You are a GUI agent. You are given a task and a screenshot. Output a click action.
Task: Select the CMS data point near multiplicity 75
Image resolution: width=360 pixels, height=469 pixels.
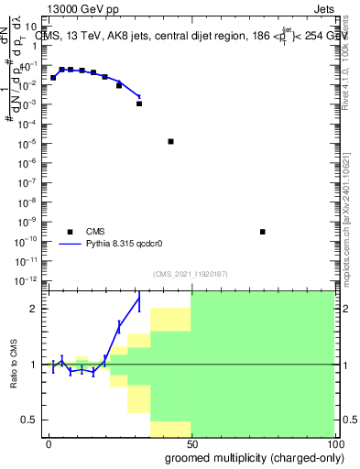[x=262, y=232]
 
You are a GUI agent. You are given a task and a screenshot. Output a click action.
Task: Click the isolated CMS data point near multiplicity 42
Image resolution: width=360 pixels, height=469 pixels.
[x=170, y=141]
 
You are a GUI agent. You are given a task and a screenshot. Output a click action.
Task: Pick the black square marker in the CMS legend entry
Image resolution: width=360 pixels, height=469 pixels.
[x=70, y=232]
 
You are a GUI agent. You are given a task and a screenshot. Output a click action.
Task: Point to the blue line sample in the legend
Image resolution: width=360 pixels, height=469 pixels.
[x=70, y=245]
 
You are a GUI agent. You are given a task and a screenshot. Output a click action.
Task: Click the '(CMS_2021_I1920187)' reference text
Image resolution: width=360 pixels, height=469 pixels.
[x=190, y=274]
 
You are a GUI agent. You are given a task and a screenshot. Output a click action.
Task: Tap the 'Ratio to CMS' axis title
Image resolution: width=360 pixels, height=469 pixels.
[x=15, y=365]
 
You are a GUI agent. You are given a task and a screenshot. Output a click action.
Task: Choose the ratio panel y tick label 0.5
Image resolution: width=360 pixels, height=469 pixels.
[x=31, y=420]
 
